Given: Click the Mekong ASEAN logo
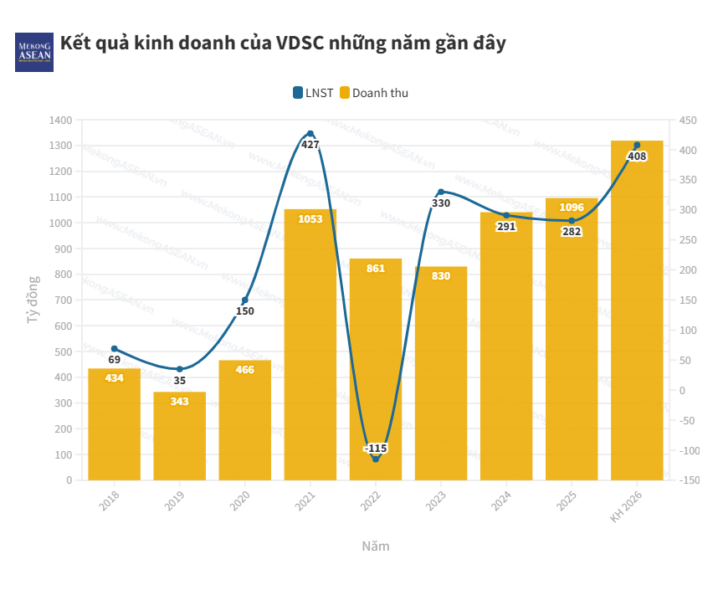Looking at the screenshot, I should pyautogui.click(x=33, y=52).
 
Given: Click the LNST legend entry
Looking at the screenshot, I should pyautogui.click(x=314, y=93).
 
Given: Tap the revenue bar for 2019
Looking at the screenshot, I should pyautogui.click(x=179, y=437).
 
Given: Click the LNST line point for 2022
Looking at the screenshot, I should pyautogui.click(x=376, y=459).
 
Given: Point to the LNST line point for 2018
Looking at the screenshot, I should pyautogui.click(x=115, y=349).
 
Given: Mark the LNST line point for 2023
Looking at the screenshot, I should pyautogui.click(x=441, y=192).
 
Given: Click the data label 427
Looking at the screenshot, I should pyautogui.click(x=310, y=145).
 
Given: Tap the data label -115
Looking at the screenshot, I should pyautogui.click(x=376, y=449).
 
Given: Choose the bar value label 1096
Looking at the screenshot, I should pyautogui.click(x=572, y=208).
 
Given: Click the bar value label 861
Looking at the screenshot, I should pyautogui.click(x=376, y=269).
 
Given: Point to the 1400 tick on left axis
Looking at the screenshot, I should pyautogui.click(x=61, y=121).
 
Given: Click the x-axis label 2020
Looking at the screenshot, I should pyautogui.click(x=238, y=500).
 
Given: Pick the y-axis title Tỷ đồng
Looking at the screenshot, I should pyautogui.click(x=33, y=300).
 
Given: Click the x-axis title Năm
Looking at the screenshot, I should pyautogui.click(x=376, y=546).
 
